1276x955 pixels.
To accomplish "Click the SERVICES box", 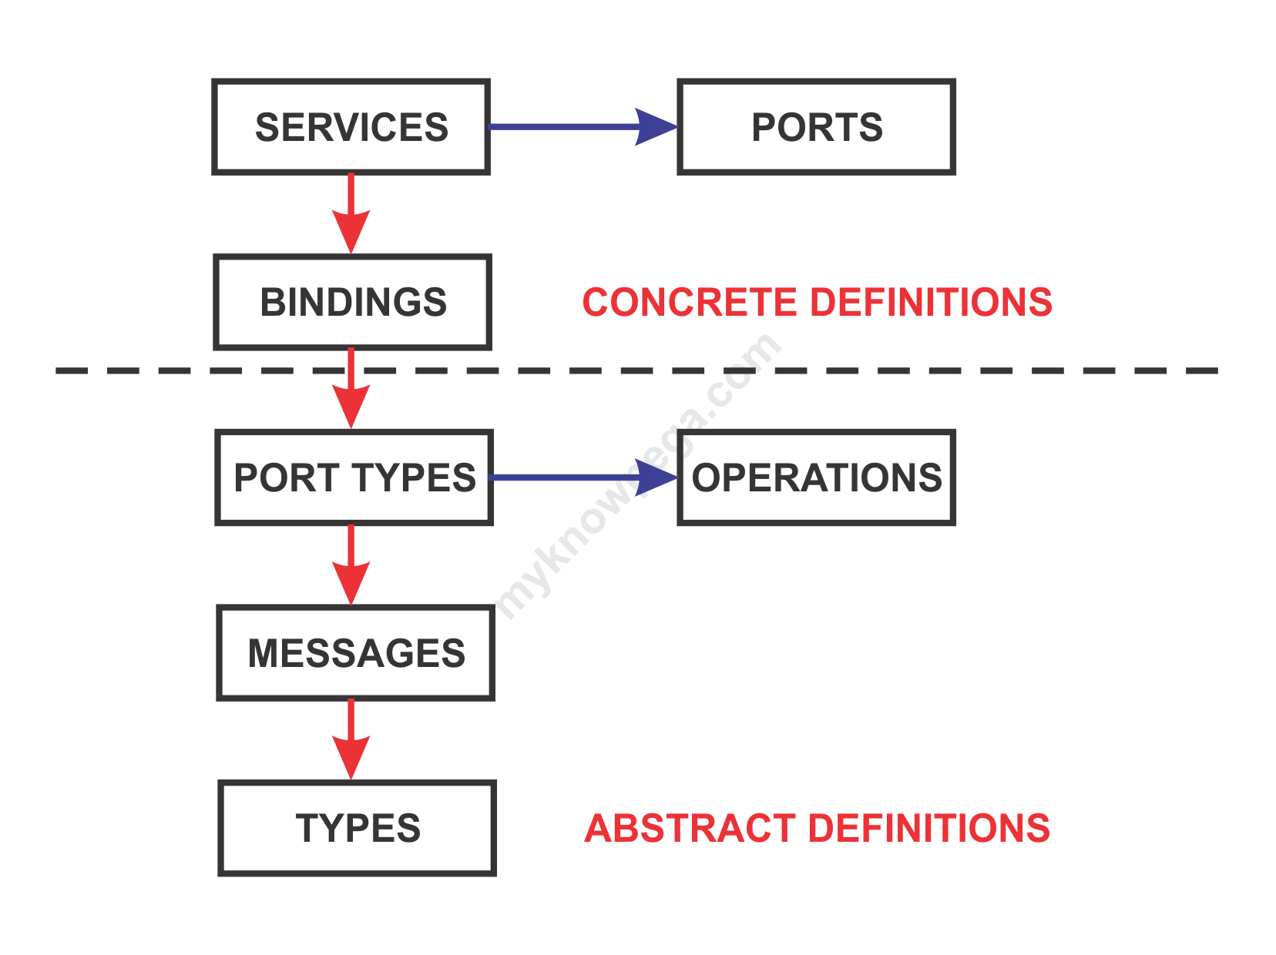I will [351, 127].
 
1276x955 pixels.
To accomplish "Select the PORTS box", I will [817, 127].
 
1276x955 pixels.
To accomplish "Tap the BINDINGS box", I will [353, 302].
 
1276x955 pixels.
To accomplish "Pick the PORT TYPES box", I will [354, 477].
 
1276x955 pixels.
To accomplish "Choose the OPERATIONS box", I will [817, 477].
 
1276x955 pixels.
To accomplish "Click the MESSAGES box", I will [355, 653].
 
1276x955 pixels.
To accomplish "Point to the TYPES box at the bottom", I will [358, 828].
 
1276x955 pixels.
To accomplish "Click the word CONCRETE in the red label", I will [689, 302].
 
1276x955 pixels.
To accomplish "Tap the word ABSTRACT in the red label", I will [690, 829].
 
